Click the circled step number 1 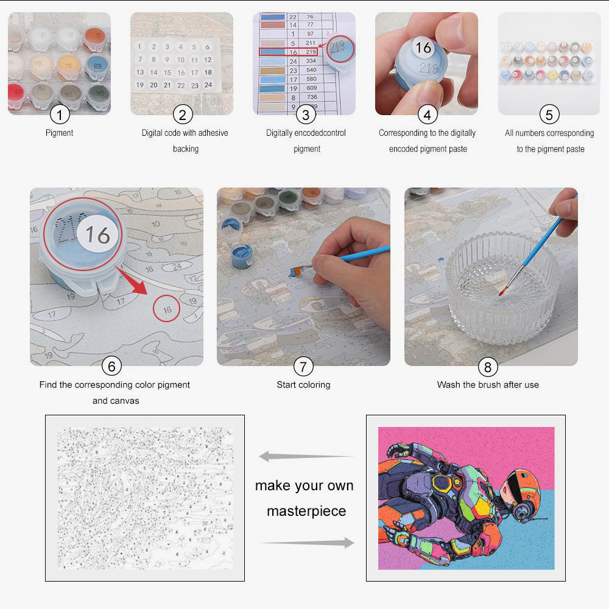point(59,114)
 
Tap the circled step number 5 point(549,114)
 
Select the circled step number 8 point(487,366)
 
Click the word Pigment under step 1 point(59,133)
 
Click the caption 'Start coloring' point(303,385)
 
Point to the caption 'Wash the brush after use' point(487,385)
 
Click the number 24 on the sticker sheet point(208,85)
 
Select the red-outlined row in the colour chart point(288,52)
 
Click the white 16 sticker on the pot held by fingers point(423,47)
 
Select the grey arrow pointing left point(304,456)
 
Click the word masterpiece point(306,511)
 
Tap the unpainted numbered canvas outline point(145,498)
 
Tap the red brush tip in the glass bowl point(501,293)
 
